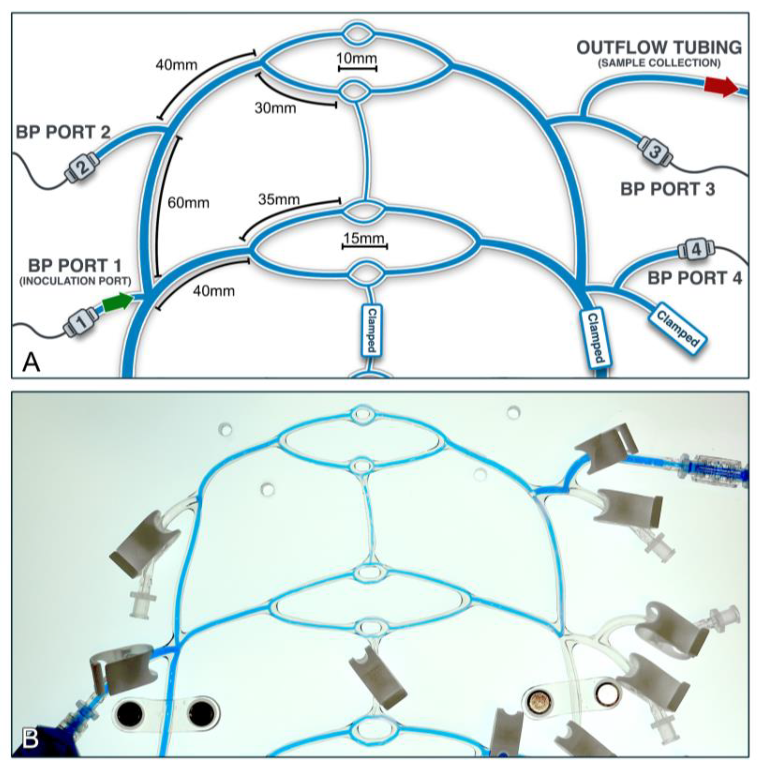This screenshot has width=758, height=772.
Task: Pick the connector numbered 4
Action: coord(696,250)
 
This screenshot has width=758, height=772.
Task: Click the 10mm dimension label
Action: coord(357,58)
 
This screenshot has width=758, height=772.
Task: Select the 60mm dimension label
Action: coord(188,203)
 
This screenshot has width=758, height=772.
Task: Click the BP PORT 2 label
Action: coord(63,132)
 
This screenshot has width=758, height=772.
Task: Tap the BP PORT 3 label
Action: coord(668,189)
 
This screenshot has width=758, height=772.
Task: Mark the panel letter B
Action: coord(30,739)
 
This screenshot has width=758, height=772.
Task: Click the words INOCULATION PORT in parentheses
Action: coord(75,281)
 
